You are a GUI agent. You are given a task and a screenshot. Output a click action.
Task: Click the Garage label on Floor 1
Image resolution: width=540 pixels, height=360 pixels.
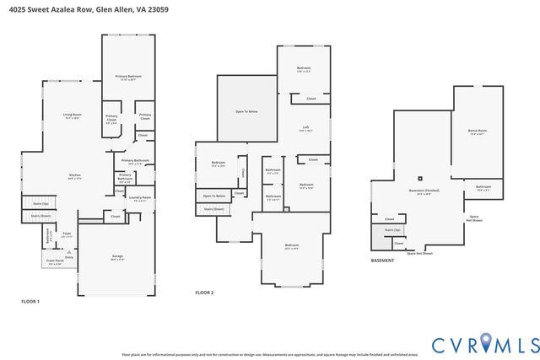click(x=118, y=257)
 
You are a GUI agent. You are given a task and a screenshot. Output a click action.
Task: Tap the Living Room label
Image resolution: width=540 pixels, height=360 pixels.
click(x=73, y=116)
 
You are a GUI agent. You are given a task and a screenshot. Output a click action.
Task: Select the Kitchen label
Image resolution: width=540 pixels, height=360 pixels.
click(x=74, y=176)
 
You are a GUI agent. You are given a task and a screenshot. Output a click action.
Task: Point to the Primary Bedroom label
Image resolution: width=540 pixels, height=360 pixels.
click(x=128, y=77)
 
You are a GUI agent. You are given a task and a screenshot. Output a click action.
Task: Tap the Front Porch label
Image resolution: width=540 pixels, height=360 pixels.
click(x=54, y=262)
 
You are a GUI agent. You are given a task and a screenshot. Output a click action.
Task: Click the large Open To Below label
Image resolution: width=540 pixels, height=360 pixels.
click(x=247, y=110)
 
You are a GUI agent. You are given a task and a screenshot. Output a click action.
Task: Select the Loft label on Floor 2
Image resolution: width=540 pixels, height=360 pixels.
click(x=306, y=128)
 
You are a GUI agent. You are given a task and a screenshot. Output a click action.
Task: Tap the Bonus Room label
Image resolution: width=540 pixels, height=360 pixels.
click(x=477, y=132)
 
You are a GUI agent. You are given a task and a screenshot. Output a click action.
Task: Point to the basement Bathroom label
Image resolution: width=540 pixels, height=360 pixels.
click(x=483, y=188)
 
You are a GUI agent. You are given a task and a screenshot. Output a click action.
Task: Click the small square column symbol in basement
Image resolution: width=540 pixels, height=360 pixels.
click(x=420, y=178)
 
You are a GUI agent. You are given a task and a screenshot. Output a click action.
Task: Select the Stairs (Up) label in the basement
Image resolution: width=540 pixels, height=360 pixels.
click(x=391, y=229)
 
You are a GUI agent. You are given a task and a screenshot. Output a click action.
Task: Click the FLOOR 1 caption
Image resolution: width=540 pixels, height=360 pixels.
click(x=30, y=301)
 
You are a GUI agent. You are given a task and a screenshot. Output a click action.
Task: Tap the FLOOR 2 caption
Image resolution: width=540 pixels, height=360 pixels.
click(x=204, y=293)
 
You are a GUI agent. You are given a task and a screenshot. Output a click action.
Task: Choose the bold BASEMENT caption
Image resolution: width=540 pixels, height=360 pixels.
click(x=382, y=261)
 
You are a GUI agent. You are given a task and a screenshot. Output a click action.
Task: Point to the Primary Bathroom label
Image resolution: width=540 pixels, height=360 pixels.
click(x=135, y=161)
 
